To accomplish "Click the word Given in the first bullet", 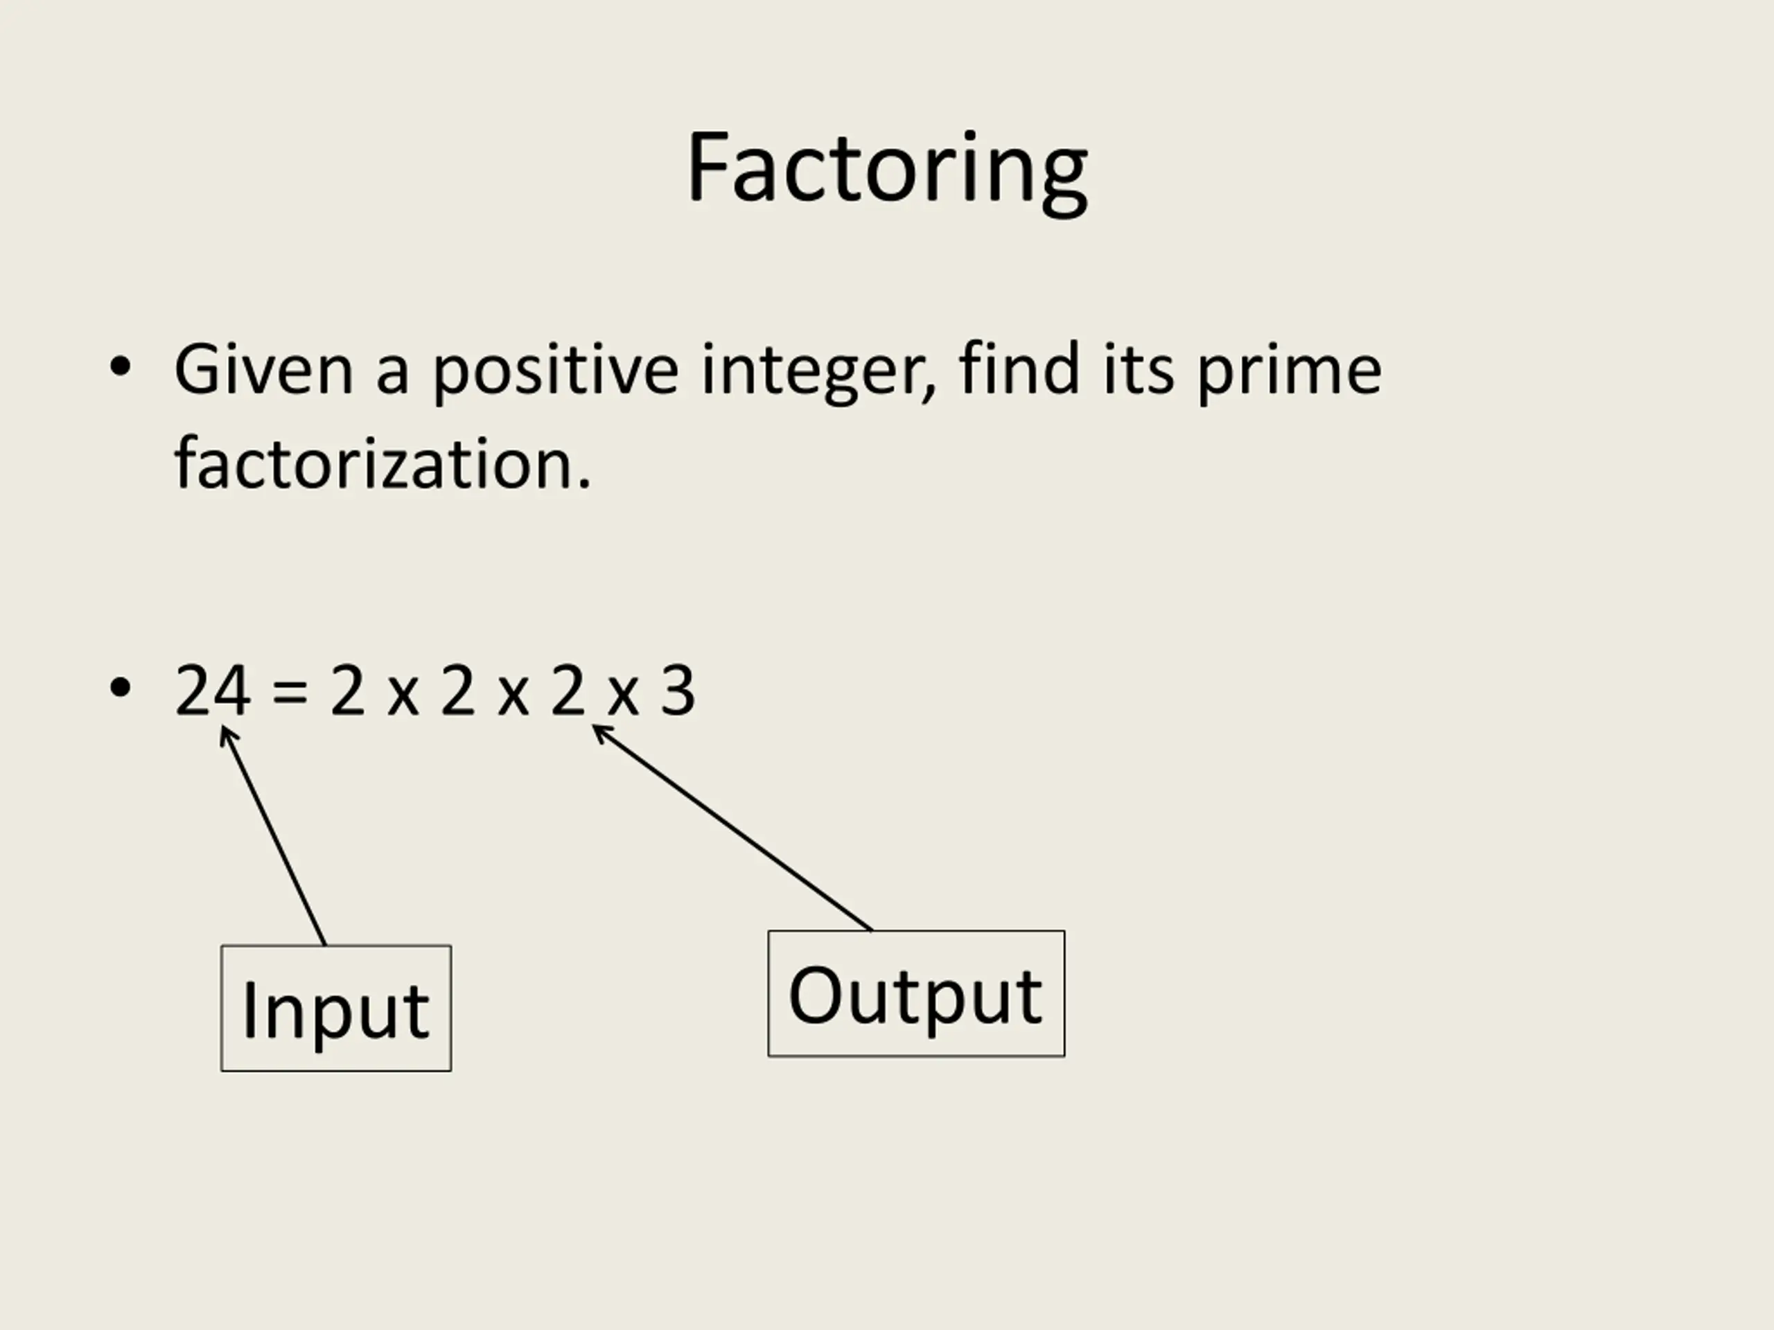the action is (264, 370).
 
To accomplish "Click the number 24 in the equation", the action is (213, 690).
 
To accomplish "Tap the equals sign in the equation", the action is (290, 693).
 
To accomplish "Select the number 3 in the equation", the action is (678, 690).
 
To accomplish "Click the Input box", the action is (336, 1009).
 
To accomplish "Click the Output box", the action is (917, 994).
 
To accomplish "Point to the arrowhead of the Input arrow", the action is (222, 727).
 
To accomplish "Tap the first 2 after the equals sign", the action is (347, 690).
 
